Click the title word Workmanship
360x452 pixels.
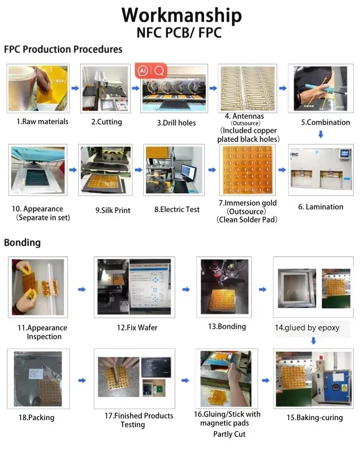[x=181, y=15]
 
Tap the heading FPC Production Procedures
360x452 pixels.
[x=63, y=49]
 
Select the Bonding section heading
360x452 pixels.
[x=22, y=243]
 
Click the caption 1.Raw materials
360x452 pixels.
[x=42, y=122]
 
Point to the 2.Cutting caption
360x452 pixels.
[x=106, y=122]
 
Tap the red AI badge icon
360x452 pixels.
[x=142, y=71]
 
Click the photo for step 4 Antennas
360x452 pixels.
[x=247, y=88]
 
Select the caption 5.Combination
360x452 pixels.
[x=325, y=122]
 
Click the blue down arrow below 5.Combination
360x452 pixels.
[x=321, y=135]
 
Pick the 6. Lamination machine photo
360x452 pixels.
[x=321, y=172]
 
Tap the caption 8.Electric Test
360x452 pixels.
[x=177, y=209]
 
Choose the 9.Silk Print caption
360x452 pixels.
[x=113, y=210]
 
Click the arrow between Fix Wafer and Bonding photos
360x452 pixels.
[x=185, y=289]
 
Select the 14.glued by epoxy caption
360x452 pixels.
[x=307, y=328]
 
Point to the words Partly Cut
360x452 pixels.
[x=229, y=434]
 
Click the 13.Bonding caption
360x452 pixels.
[x=227, y=326]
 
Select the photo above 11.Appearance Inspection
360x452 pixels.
[x=38, y=287]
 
